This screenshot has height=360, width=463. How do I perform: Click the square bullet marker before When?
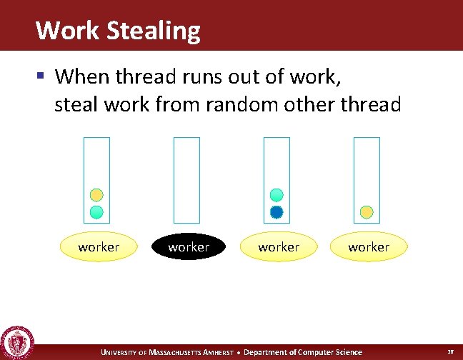[43, 75]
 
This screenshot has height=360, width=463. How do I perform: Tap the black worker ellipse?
[189, 247]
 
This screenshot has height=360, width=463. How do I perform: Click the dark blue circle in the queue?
[277, 211]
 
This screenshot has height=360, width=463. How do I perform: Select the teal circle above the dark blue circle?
[277, 194]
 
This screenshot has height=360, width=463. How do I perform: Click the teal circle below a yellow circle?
[96, 211]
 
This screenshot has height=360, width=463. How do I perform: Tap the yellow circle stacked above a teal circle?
[96, 194]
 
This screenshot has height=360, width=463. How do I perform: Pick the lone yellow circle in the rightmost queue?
[367, 211]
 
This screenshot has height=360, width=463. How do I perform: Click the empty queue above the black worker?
[187, 179]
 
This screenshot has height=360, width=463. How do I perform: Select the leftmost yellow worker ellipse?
[99, 247]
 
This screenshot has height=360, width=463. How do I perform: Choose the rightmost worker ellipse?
[369, 247]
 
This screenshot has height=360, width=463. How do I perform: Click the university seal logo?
[16, 342]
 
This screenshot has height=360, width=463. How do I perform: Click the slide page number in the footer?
[450, 352]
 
